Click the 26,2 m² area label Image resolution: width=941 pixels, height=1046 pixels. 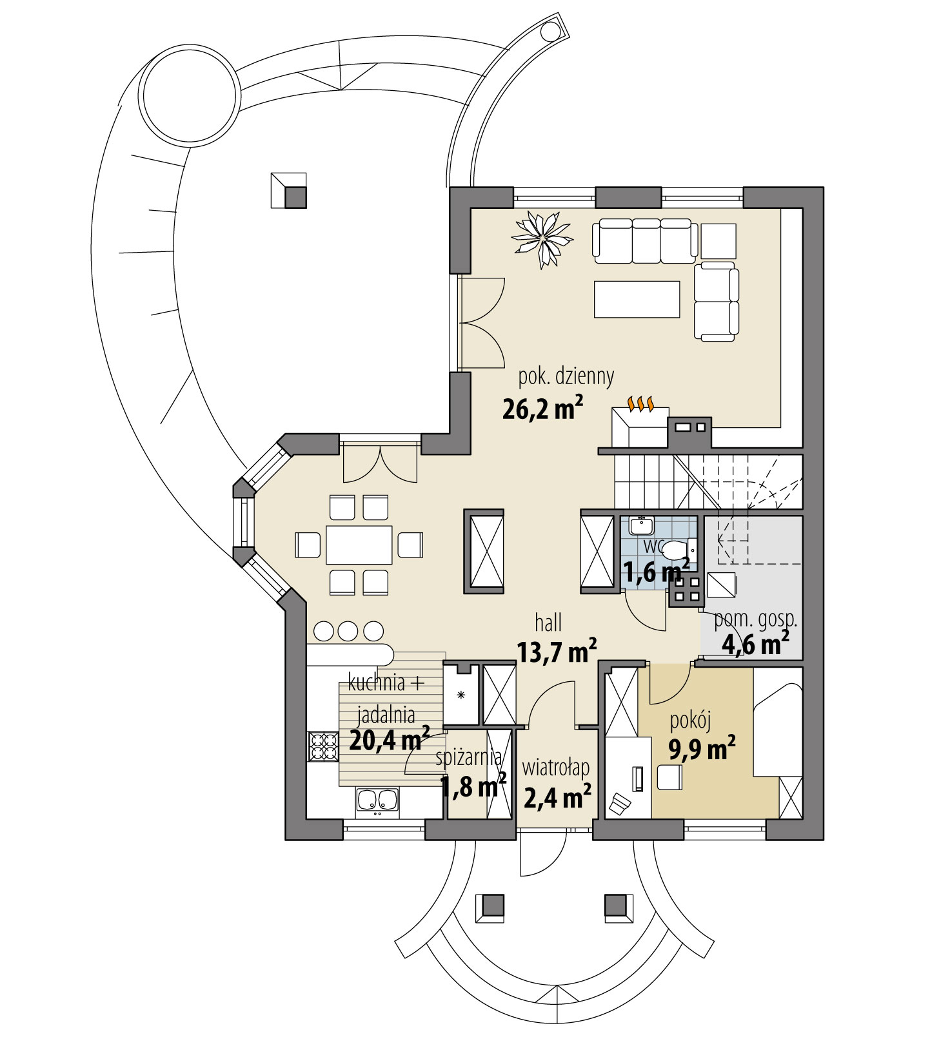pyautogui.click(x=542, y=409)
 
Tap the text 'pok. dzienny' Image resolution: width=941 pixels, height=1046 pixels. pyautogui.click(x=566, y=376)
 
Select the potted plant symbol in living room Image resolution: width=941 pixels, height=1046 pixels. pyautogui.click(x=542, y=238)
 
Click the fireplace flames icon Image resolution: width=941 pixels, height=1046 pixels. pyautogui.click(x=641, y=403)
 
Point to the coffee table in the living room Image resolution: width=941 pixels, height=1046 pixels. pyautogui.click(x=637, y=299)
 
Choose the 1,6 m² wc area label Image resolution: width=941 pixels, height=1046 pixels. pyautogui.click(x=655, y=572)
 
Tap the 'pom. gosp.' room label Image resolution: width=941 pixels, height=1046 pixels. pyautogui.click(x=755, y=620)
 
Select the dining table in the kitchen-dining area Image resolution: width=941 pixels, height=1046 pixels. pyautogui.click(x=359, y=545)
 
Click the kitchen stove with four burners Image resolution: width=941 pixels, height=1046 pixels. pyautogui.click(x=323, y=746)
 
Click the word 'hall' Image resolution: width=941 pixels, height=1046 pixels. pyautogui.click(x=548, y=623)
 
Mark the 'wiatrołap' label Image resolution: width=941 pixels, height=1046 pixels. pyautogui.click(x=555, y=768)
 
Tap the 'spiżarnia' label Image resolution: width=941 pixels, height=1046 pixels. pyautogui.click(x=469, y=758)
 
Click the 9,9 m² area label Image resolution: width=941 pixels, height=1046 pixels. pyautogui.click(x=702, y=750)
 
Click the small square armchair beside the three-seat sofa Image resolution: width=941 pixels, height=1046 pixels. pyautogui.click(x=718, y=241)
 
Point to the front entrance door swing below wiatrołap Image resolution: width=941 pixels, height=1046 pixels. pyautogui.click(x=542, y=854)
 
